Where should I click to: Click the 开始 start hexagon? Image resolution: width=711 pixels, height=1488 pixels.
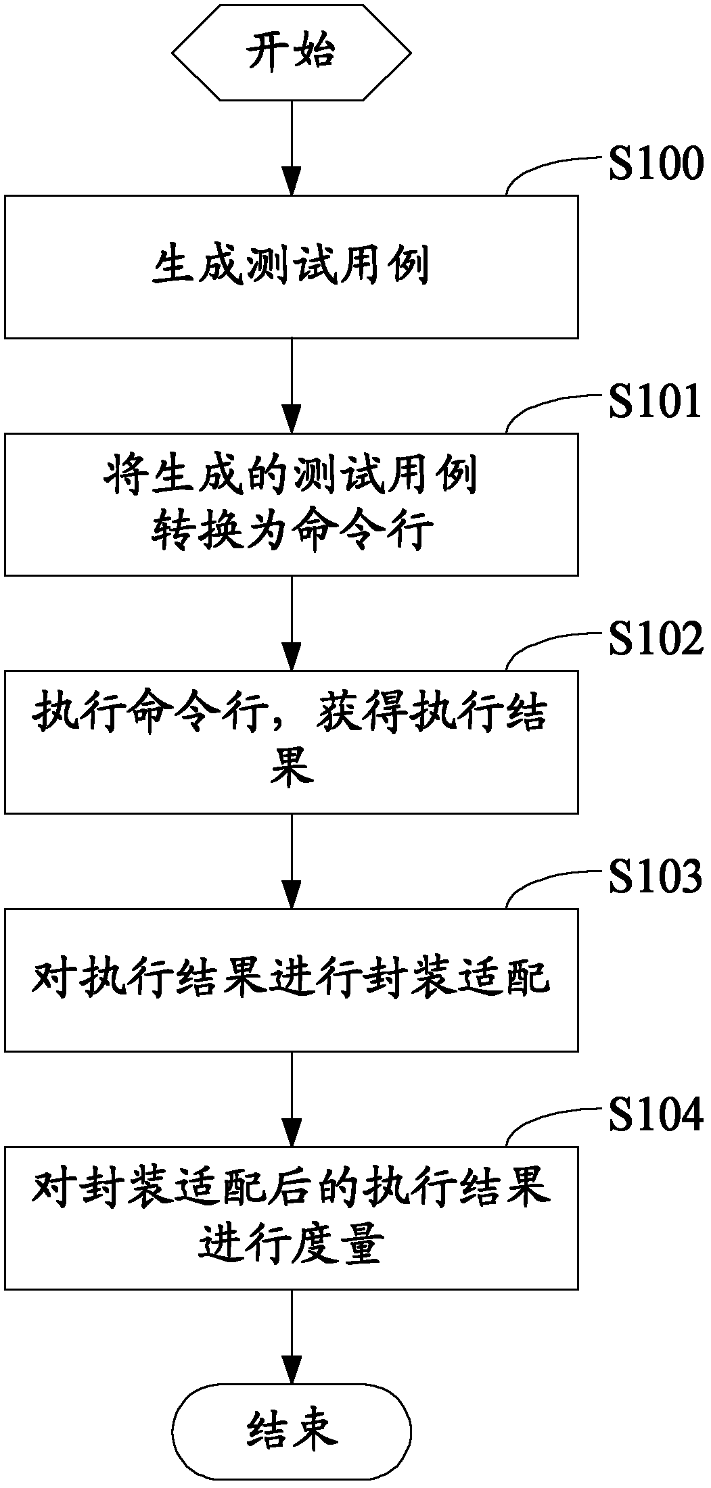[x=292, y=52]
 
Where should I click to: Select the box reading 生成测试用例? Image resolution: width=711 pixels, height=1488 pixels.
[x=292, y=266]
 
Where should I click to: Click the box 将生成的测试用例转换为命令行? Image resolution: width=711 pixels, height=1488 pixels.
[x=292, y=504]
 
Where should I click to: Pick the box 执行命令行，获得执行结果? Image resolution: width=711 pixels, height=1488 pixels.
[x=292, y=742]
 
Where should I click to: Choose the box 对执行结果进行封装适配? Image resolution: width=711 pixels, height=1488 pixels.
[x=292, y=980]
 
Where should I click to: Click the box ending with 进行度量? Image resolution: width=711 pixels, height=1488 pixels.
[x=292, y=1217]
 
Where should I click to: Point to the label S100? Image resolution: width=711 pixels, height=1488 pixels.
[x=655, y=165]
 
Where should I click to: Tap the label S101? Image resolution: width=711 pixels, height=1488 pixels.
[x=655, y=403]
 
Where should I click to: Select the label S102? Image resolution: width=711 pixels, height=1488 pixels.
[x=655, y=640]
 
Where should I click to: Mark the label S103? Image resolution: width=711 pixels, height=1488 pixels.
[x=655, y=878]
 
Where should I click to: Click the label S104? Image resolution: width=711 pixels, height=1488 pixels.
[x=655, y=1115]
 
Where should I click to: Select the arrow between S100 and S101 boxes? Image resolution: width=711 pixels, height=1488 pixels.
[x=292, y=385]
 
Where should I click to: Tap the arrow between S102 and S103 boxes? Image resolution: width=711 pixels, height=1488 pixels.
[x=292, y=861]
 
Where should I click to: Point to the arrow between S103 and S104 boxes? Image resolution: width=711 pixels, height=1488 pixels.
[x=292, y=1099]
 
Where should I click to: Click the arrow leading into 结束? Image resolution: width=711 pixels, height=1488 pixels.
[x=292, y=1337]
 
